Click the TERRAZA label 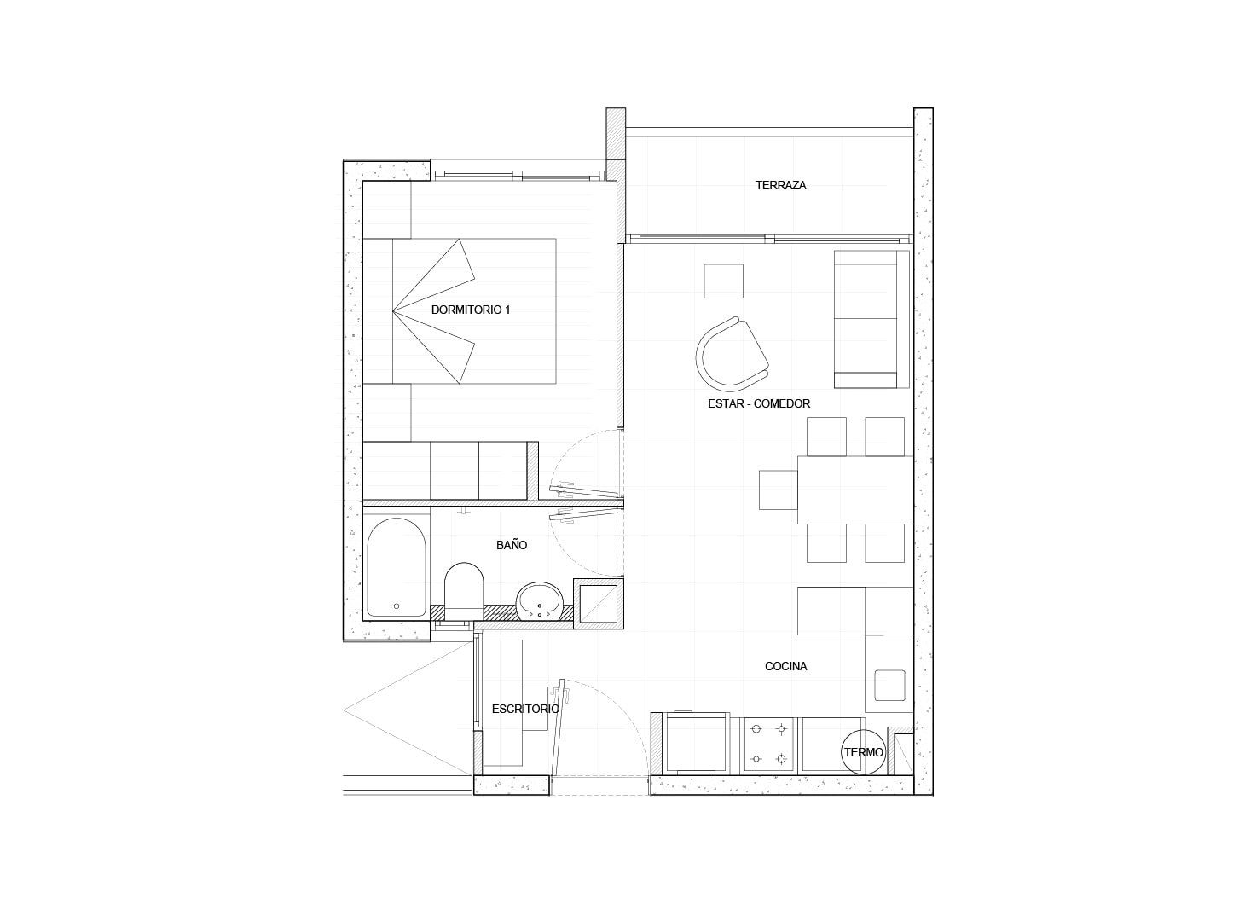tap(780, 186)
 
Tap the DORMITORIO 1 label tap(470, 310)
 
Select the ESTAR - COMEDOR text tap(759, 404)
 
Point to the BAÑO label tap(512, 546)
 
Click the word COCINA tap(786, 666)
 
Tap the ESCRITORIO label tap(525, 709)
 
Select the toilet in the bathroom tap(464, 591)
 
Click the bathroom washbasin tap(539, 600)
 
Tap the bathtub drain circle tap(397, 606)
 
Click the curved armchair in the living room tap(732, 354)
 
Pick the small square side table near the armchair tap(724, 281)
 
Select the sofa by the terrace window tap(871, 319)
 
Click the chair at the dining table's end tap(778, 490)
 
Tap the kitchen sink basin tap(890, 686)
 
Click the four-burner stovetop tap(768, 744)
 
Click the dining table tap(855, 490)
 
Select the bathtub tap(397, 568)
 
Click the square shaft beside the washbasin tap(598, 604)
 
